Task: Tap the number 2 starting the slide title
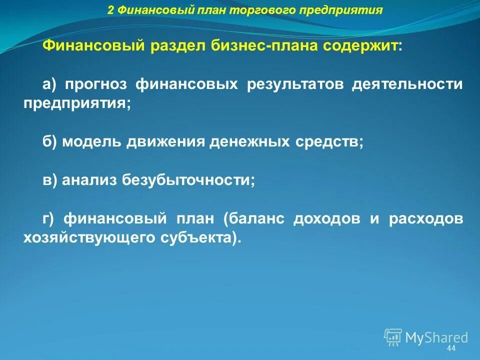(110, 10)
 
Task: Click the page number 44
(451, 348)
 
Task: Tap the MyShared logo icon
(393, 337)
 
